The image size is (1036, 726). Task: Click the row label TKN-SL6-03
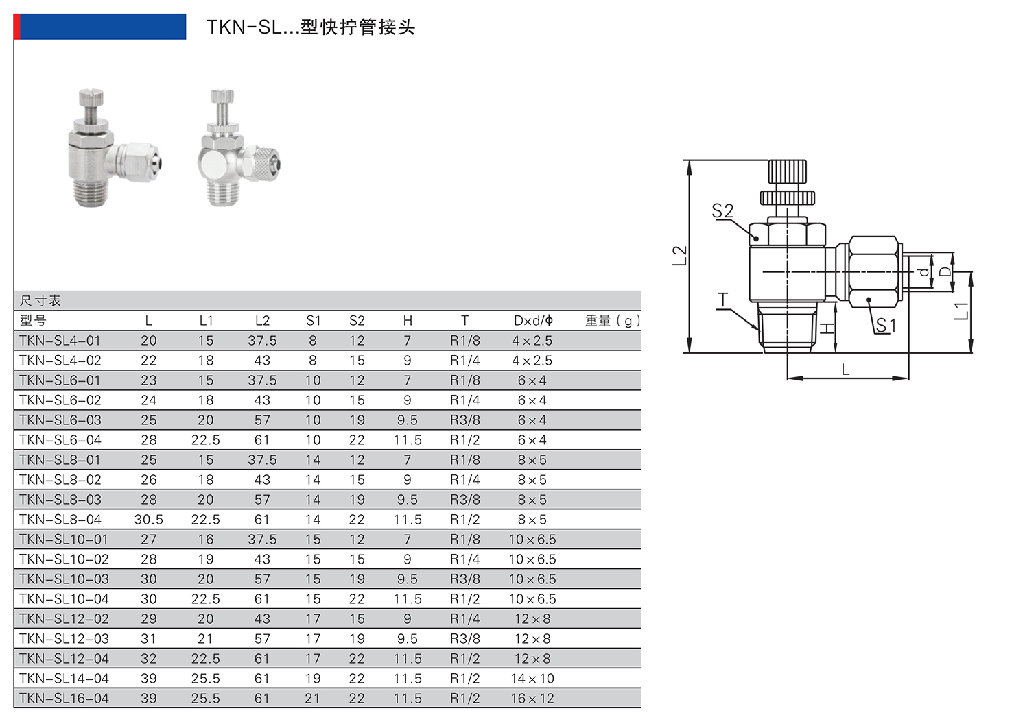tap(60, 420)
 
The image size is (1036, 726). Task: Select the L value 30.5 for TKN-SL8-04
tap(148, 520)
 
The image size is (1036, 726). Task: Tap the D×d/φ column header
tap(533, 320)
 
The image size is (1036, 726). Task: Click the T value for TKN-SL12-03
tap(464, 639)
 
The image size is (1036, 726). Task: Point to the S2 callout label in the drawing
tap(722, 210)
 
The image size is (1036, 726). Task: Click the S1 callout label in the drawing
tap(886, 326)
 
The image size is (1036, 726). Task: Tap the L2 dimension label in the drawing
tap(679, 256)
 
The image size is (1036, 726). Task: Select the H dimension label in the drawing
tap(827, 328)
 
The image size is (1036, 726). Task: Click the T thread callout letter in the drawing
tap(722, 300)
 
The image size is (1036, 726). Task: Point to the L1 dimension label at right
tap(961, 311)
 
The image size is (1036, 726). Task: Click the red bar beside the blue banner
tap(17, 26)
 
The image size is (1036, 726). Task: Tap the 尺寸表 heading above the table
tap(40, 301)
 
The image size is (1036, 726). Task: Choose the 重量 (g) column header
tap(613, 320)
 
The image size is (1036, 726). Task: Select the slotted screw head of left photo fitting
tap(91, 97)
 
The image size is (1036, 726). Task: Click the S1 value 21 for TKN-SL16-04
tap(313, 699)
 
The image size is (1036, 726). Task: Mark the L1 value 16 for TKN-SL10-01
tap(206, 540)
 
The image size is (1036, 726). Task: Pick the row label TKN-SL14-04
tap(64, 679)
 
